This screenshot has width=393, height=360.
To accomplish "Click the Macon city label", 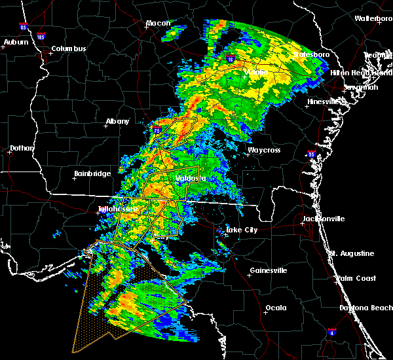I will (x=158, y=24).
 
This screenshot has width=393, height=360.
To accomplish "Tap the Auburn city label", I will (x=16, y=43).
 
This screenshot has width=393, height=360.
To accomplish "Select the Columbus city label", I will (x=69, y=49).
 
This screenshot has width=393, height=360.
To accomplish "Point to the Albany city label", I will (x=118, y=121).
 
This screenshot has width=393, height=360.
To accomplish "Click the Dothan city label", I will (x=22, y=149).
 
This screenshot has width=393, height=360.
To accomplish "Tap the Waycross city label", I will (x=263, y=151).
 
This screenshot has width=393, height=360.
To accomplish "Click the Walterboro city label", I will (x=373, y=19).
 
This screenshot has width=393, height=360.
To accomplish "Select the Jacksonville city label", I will (x=323, y=219).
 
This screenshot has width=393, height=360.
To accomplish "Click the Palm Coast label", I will (x=357, y=279).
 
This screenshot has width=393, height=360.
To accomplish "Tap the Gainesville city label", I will (x=269, y=271).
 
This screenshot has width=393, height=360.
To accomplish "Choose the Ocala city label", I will (x=276, y=308).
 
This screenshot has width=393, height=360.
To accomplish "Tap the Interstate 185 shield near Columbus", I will (x=41, y=37).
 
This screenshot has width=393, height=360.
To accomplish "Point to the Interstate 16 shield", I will (x=231, y=59).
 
